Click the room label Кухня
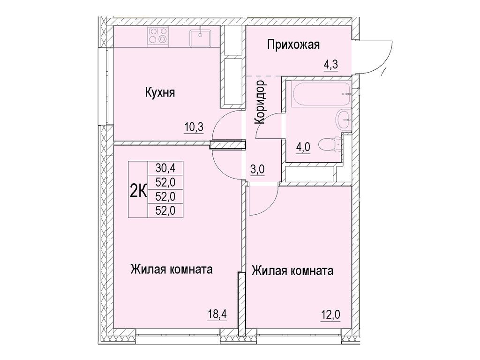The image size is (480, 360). click(x=159, y=93)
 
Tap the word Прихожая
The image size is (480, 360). click(x=293, y=45)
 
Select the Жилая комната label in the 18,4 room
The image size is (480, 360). click(x=172, y=270)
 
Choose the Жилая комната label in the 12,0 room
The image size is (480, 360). click(x=292, y=271)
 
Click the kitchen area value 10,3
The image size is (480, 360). click(x=194, y=127)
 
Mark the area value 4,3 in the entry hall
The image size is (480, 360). click(x=331, y=65)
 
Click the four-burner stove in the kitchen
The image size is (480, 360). click(x=158, y=37)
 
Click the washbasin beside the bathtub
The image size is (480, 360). click(x=344, y=119)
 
